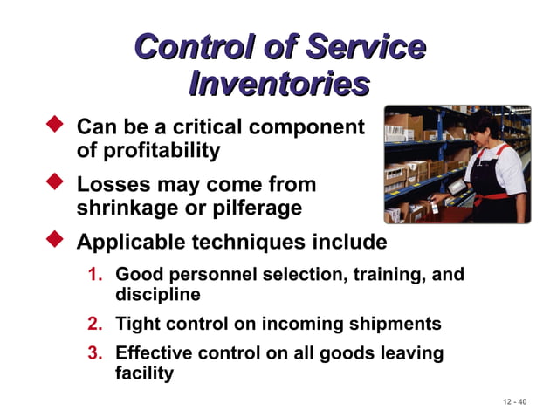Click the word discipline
[x=158, y=295]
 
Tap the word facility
[x=145, y=373]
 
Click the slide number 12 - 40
[x=515, y=401]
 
